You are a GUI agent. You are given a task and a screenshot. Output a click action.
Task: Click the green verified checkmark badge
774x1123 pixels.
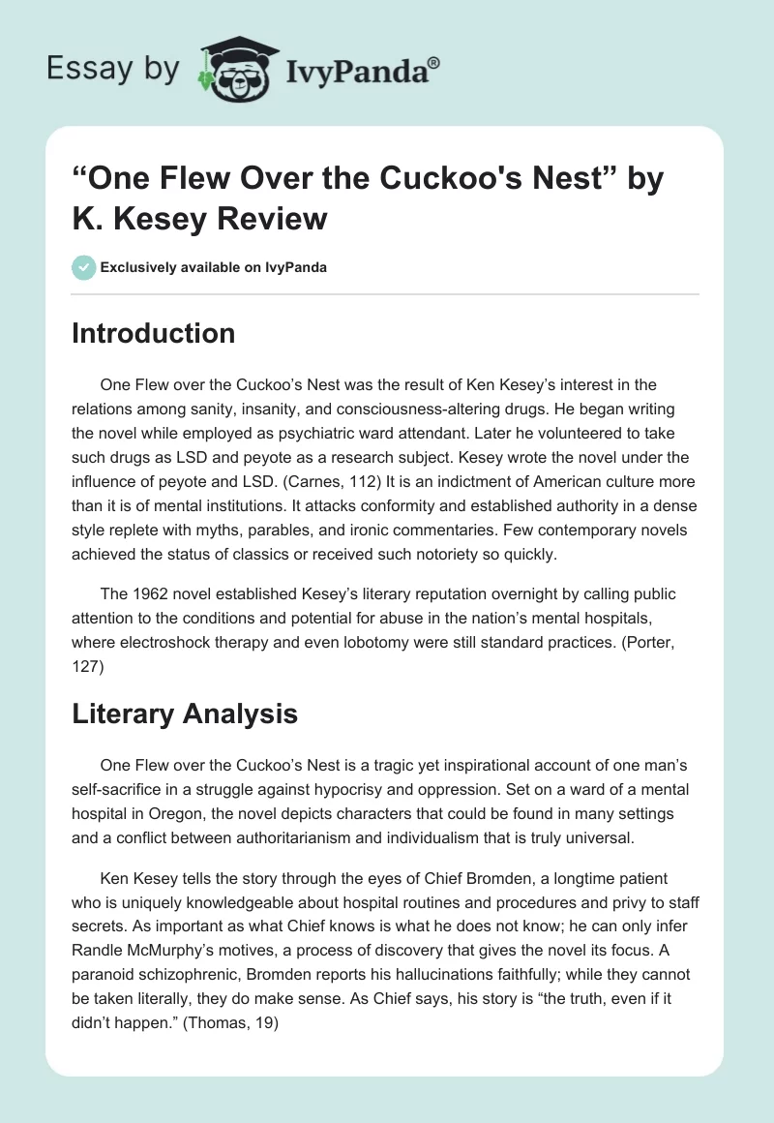click(84, 267)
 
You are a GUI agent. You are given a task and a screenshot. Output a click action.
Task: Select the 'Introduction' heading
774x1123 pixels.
click(154, 333)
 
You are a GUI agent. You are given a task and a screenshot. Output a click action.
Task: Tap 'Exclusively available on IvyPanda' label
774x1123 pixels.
click(214, 268)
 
